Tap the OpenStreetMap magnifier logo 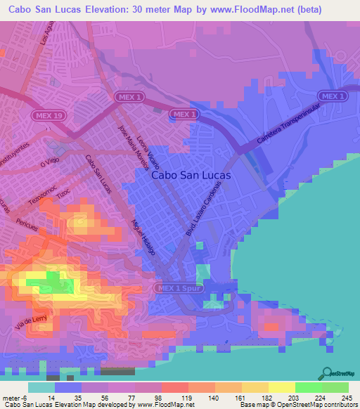coord(327,372)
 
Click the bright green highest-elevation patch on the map coord(53,283)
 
